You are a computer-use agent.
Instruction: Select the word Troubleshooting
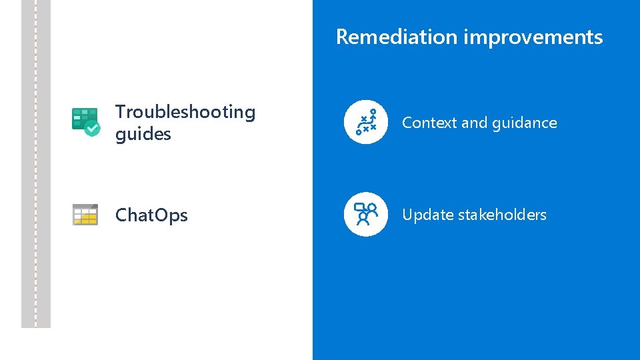pos(185,112)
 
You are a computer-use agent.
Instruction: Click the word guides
pos(143,134)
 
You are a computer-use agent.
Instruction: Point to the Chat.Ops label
pos(151,215)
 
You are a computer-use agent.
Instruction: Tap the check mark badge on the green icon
pos(93,129)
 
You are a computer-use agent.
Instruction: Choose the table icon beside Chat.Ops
pos(85,215)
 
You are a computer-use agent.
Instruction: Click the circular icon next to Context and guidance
pos(365,123)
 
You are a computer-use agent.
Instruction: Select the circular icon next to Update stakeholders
pos(365,215)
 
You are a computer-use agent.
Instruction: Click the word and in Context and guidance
pos(474,123)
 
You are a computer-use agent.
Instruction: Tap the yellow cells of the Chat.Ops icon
pos(88,218)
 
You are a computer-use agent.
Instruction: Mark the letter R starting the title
pos(342,37)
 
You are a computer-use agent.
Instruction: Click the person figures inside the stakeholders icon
pos(368,215)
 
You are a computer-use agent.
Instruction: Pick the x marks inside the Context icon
pos(367,122)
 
